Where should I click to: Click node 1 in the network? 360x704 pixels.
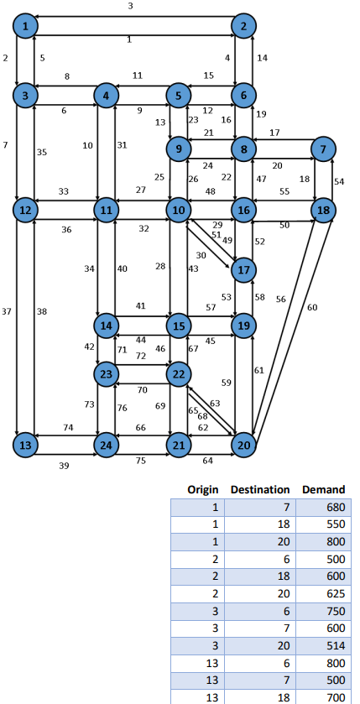click(27, 27)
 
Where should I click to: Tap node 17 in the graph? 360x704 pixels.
click(244, 270)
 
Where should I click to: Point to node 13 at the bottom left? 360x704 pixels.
click(27, 444)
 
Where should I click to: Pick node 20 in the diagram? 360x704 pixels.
click(244, 444)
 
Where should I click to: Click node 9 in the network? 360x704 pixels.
click(178, 149)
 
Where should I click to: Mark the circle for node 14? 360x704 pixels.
click(107, 325)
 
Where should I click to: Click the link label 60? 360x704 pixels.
click(313, 307)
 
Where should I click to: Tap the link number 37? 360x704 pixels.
click(7, 311)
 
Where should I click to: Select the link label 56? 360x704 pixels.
click(280, 299)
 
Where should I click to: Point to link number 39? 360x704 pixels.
click(65, 466)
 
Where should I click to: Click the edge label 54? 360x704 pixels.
click(339, 181)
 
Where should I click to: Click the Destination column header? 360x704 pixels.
click(260, 489)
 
